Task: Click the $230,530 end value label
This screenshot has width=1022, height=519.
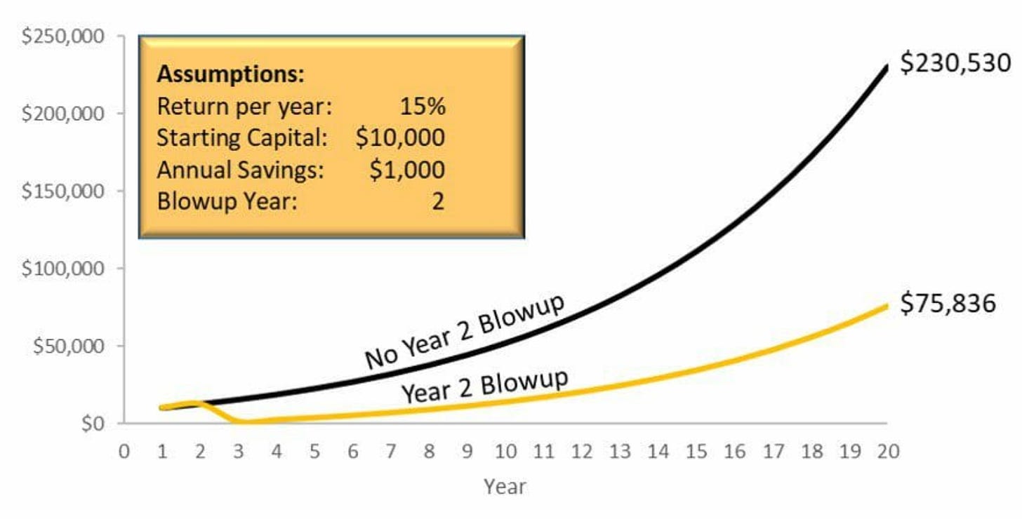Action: (956, 63)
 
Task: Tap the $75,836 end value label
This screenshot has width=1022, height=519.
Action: (948, 304)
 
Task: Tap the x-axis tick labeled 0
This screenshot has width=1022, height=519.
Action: (124, 452)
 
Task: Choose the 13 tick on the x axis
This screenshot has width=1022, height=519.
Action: (620, 452)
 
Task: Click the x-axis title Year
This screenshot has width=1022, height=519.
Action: (505, 486)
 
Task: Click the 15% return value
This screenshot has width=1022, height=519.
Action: (422, 107)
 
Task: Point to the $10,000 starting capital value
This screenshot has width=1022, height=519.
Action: (400, 137)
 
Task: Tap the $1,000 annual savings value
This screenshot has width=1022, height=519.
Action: (407, 170)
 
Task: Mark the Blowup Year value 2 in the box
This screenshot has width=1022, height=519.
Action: (437, 202)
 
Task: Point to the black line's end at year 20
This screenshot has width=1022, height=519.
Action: (887, 67)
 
